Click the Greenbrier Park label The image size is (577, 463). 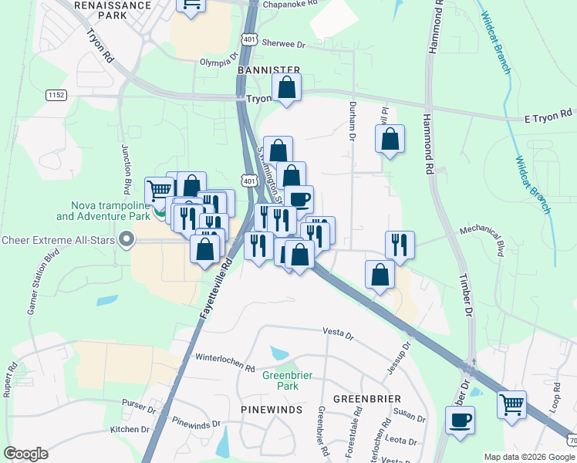click(280, 380)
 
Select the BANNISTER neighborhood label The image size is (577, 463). click(268, 70)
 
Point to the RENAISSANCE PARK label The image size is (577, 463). click(112, 9)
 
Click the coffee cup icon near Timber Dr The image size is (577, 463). click(461, 421)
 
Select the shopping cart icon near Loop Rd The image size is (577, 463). click(511, 404)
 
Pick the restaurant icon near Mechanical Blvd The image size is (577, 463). click(400, 245)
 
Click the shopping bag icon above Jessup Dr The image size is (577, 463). click(380, 275)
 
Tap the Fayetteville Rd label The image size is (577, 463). click(216, 290)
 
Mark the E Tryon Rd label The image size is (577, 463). click(548, 114)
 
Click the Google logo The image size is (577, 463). click(25, 454)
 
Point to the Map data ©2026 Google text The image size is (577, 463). click(529, 457)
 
